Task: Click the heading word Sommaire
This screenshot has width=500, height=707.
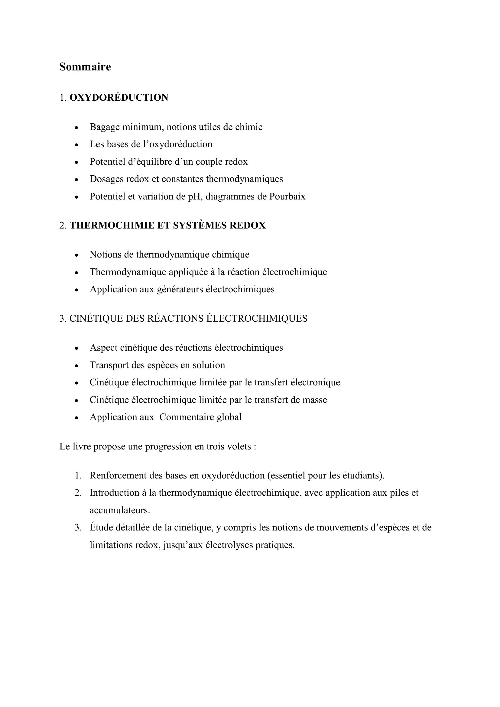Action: [x=85, y=67]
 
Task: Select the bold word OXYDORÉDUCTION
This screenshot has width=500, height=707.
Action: [x=119, y=98]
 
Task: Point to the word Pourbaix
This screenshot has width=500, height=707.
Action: [x=287, y=196]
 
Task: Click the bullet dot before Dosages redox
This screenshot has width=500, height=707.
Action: [x=77, y=180]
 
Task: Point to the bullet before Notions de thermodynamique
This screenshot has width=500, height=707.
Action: [x=77, y=255]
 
